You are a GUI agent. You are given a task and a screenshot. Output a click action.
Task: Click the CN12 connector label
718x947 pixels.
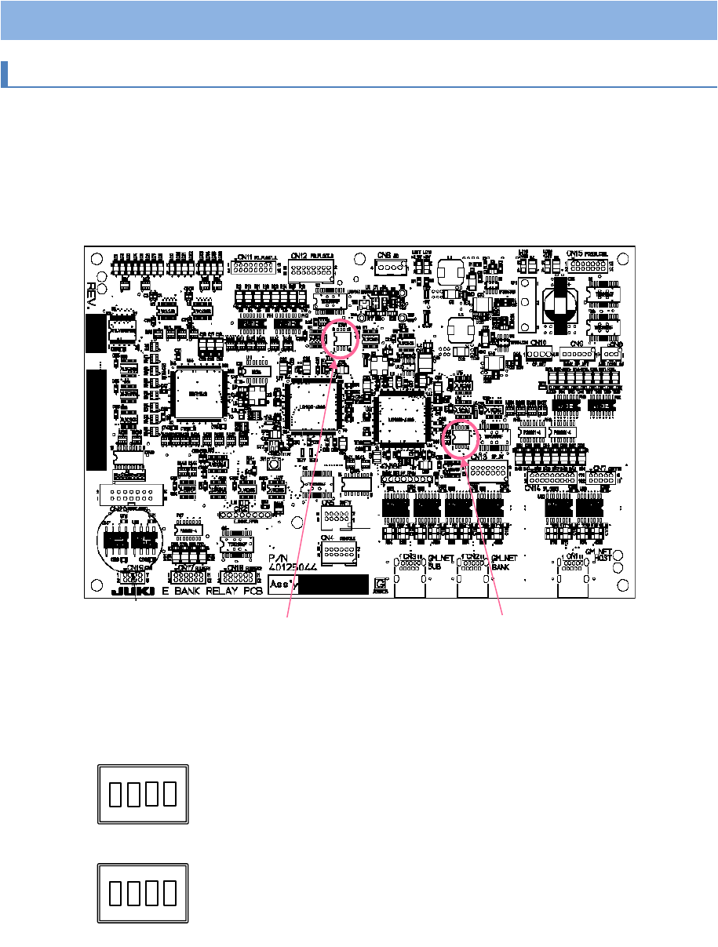(x=299, y=256)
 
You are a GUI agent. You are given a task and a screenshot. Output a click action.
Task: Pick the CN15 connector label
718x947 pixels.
(x=575, y=253)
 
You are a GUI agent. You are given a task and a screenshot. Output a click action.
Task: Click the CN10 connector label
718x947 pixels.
(x=538, y=343)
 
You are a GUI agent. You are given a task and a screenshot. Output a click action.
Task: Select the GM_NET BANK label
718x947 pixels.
(x=502, y=560)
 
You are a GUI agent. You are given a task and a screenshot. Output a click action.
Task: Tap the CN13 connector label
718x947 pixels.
(x=479, y=457)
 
